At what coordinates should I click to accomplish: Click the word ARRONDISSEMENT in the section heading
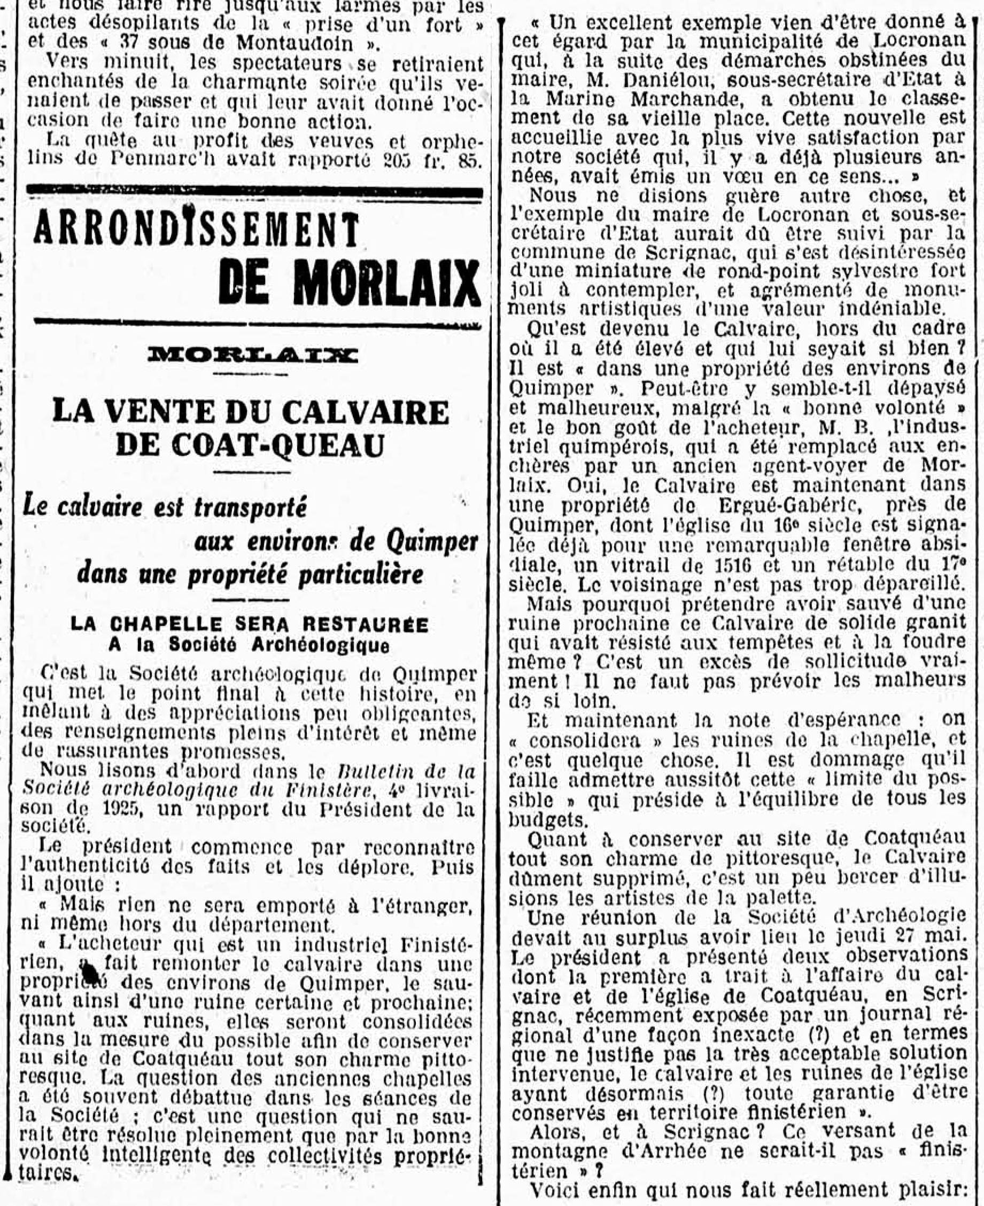[196, 230]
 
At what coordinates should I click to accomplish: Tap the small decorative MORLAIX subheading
[252, 355]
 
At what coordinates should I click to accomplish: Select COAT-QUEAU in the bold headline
[250, 445]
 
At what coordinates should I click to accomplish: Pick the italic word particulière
[361, 574]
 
